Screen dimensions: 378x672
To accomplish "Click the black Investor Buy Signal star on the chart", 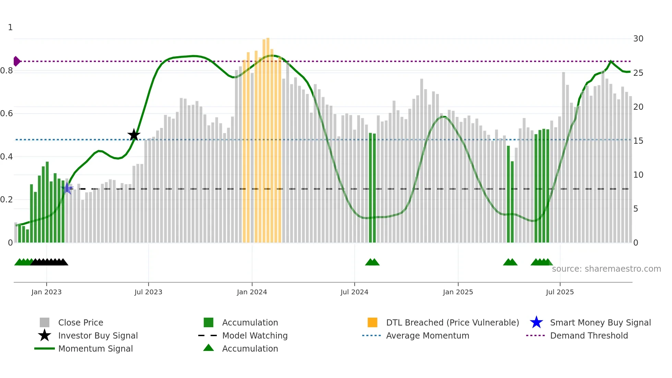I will (134, 135).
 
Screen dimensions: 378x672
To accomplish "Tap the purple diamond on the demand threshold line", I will (16, 61).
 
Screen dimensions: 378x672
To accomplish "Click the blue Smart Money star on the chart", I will (67, 188).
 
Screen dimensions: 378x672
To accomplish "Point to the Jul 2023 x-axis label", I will (148, 292).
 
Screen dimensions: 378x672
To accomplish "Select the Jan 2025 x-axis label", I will (458, 292).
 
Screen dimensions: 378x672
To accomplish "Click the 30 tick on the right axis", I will (638, 39).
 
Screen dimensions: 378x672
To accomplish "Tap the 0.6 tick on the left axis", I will (7, 114).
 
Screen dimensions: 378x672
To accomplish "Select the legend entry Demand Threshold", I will (589, 335).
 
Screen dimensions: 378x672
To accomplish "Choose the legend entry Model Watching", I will (255, 335).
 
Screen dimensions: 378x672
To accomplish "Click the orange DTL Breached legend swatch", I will (372, 322).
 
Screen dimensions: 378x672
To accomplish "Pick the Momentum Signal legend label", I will (95, 349).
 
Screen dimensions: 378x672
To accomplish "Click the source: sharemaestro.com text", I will (606, 269).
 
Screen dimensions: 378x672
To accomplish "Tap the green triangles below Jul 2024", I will (372, 262).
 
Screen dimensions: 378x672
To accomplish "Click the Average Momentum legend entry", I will (427, 335).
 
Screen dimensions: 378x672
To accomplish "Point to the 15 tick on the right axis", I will (638, 141).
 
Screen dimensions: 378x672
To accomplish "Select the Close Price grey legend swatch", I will (45, 322).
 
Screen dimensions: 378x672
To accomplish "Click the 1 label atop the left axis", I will (10, 27).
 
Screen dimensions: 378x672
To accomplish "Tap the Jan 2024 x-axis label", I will (252, 292).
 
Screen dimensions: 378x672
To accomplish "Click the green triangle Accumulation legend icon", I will (208, 348).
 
